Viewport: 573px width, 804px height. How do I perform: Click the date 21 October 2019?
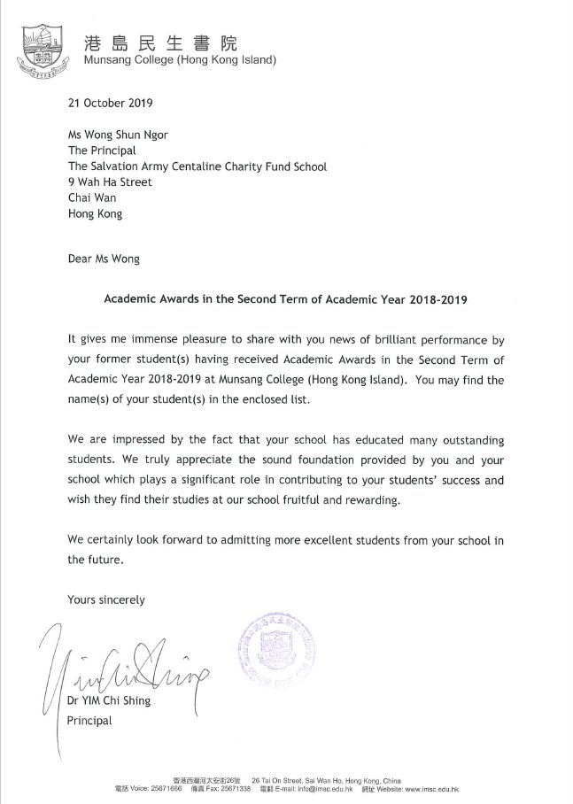(x=111, y=102)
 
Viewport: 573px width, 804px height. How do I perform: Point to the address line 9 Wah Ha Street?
(x=110, y=182)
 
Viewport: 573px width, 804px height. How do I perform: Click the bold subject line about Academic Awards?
(x=285, y=299)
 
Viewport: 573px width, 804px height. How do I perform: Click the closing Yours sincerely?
(x=106, y=599)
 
